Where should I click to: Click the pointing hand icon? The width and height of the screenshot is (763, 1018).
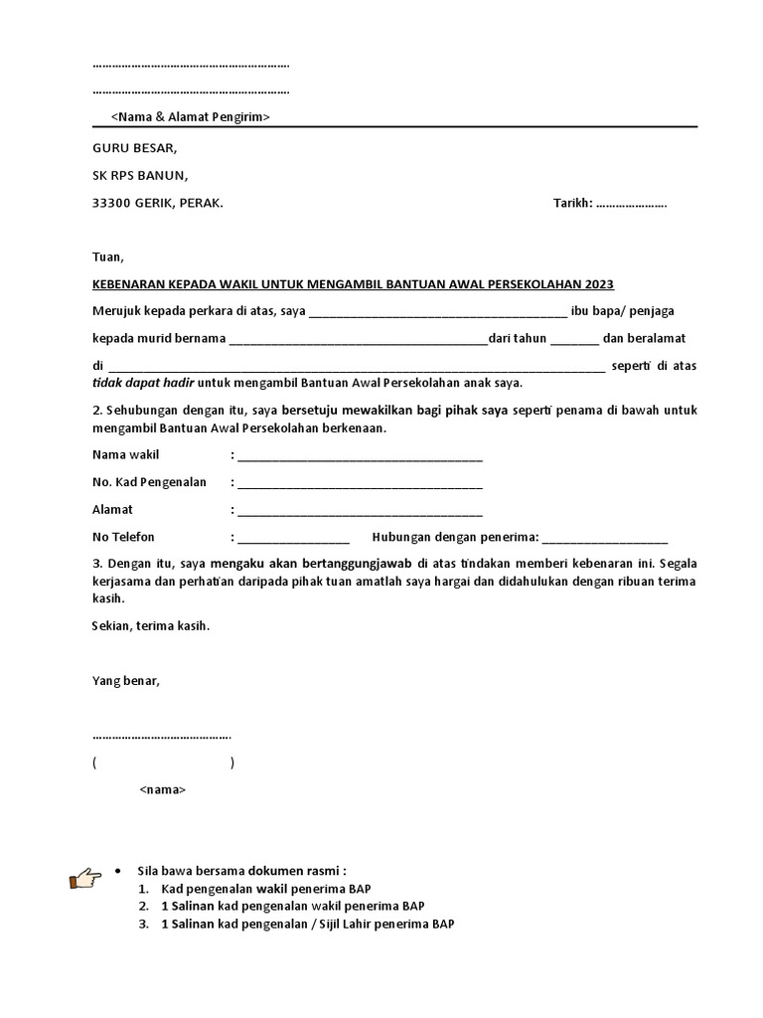[85, 878]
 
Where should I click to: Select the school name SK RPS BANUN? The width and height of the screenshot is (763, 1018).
[138, 176]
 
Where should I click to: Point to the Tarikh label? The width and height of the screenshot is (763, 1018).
[571, 204]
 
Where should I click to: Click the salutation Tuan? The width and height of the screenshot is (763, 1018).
[108, 256]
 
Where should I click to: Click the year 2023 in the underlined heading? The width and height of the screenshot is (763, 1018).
[599, 283]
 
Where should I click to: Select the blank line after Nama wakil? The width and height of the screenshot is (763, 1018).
[360, 457]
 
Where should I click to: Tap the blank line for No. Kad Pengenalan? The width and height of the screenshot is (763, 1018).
[360, 484]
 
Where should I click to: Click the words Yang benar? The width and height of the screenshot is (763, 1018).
[125, 682]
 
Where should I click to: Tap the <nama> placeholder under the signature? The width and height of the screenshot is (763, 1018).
[162, 789]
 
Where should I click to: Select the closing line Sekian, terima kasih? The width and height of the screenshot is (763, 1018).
[151, 627]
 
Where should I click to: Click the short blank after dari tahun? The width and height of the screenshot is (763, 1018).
[574, 340]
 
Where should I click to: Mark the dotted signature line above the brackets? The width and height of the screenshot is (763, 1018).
[161, 738]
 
